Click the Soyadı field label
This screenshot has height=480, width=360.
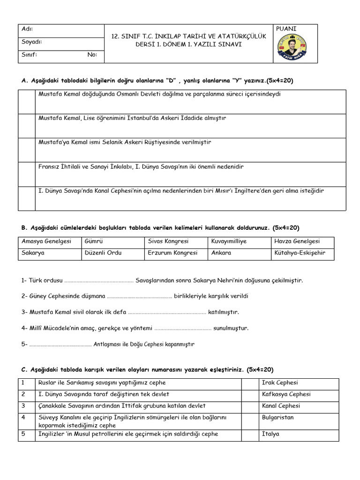32,42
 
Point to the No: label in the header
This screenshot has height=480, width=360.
92,54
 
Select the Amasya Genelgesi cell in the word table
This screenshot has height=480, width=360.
46,241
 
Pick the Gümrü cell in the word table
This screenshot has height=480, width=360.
94,241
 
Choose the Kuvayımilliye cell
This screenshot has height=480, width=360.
229,241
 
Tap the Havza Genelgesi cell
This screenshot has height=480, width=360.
297,241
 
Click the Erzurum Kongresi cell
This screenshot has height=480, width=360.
172,253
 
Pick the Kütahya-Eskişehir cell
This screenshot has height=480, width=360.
300,253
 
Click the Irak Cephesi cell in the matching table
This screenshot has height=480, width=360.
280,383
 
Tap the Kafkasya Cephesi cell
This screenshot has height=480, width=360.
286,394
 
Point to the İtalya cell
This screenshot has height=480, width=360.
271,434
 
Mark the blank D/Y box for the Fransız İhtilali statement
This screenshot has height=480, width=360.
27,174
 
